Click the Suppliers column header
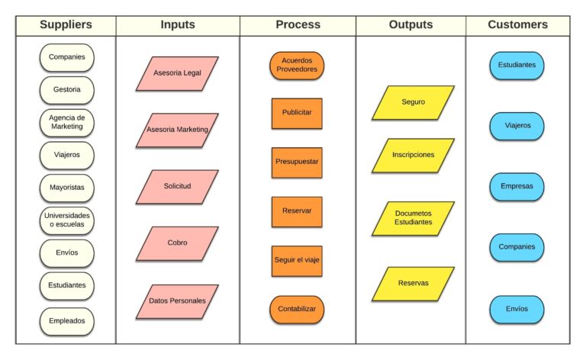(66, 24)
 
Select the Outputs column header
(411, 24)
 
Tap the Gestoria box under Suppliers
(67, 89)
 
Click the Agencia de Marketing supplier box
(67, 122)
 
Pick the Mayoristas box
(67, 188)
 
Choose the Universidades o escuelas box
(67, 220)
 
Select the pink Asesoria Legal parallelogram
(177, 73)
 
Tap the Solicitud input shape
(177, 187)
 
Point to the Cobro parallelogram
(177, 243)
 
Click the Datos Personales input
(177, 301)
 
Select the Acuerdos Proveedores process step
(297, 65)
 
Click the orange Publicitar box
(297, 113)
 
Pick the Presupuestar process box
(297, 162)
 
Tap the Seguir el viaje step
(297, 261)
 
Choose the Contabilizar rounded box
(297, 310)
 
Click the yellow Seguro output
(413, 102)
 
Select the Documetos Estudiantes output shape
(413, 217)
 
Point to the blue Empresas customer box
(517, 186)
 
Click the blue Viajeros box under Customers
(517, 125)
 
